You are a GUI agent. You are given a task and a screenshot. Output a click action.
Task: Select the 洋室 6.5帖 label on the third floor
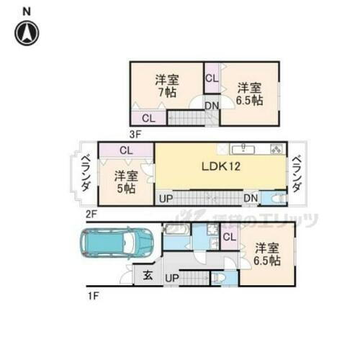pyautogui.click(x=249, y=94)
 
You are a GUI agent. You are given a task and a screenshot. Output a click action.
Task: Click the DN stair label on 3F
pyautogui.click(x=211, y=106)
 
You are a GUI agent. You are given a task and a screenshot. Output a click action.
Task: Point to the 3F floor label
pyautogui.click(x=135, y=133)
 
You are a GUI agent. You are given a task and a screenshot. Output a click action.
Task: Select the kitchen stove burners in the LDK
pyautogui.click(x=276, y=149)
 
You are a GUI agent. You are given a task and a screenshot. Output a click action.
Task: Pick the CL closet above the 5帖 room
pyautogui.click(x=126, y=150)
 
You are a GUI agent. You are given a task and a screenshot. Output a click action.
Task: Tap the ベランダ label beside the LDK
pyautogui.click(x=297, y=174)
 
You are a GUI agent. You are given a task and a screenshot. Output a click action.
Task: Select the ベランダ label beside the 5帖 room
pyautogui.click(x=85, y=174)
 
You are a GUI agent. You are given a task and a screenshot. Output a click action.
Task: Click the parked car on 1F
pyautogui.click(x=116, y=243)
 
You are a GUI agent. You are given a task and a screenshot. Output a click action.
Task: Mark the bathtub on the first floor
pyautogui.click(x=176, y=232)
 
